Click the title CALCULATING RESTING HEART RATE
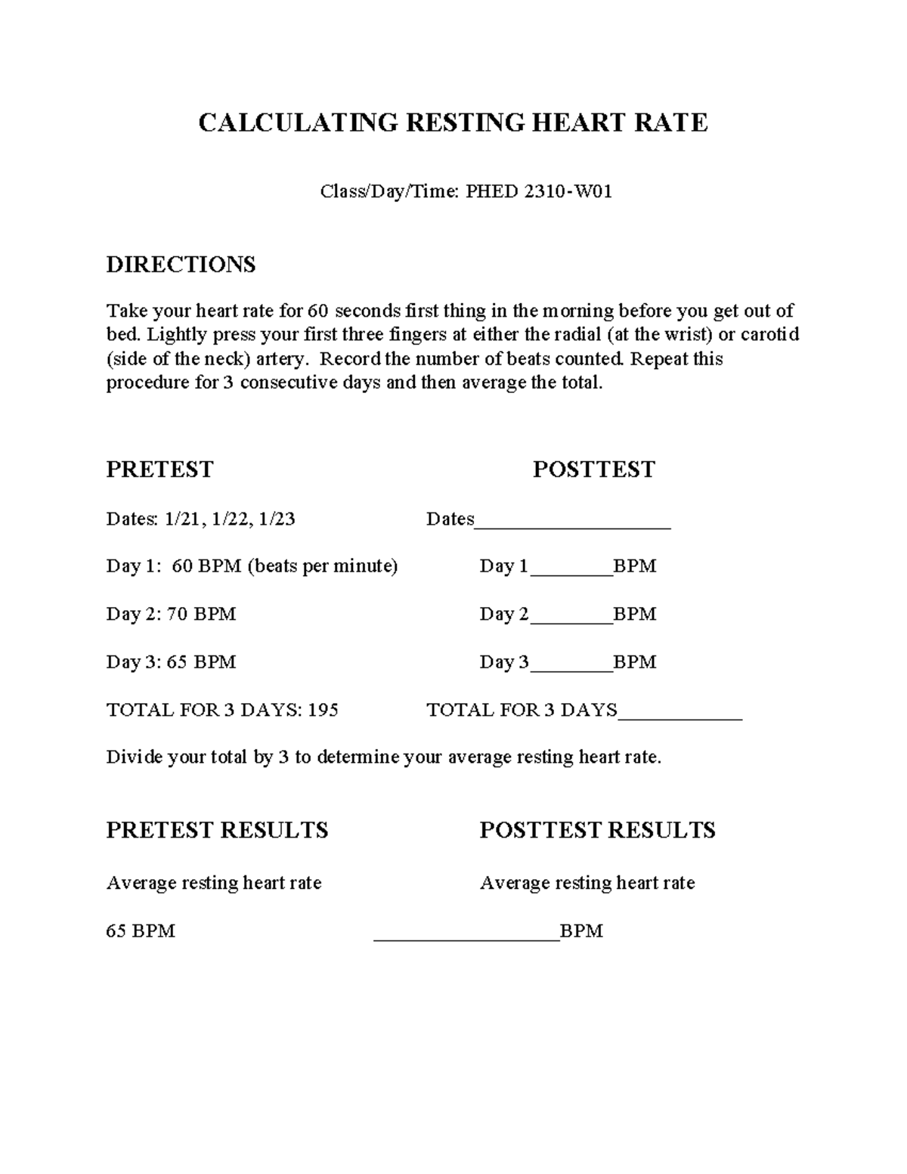click(x=453, y=122)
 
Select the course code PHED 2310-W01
click(x=538, y=192)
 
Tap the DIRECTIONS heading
click(x=181, y=265)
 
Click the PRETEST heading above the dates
click(x=159, y=469)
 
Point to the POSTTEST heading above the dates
click(x=593, y=469)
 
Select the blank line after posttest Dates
click(x=572, y=522)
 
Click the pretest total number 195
click(x=323, y=710)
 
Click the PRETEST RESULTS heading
click(x=217, y=830)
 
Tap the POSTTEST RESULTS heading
click(x=597, y=830)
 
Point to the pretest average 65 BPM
click(x=141, y=931)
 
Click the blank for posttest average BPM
click(x=466, y=934)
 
